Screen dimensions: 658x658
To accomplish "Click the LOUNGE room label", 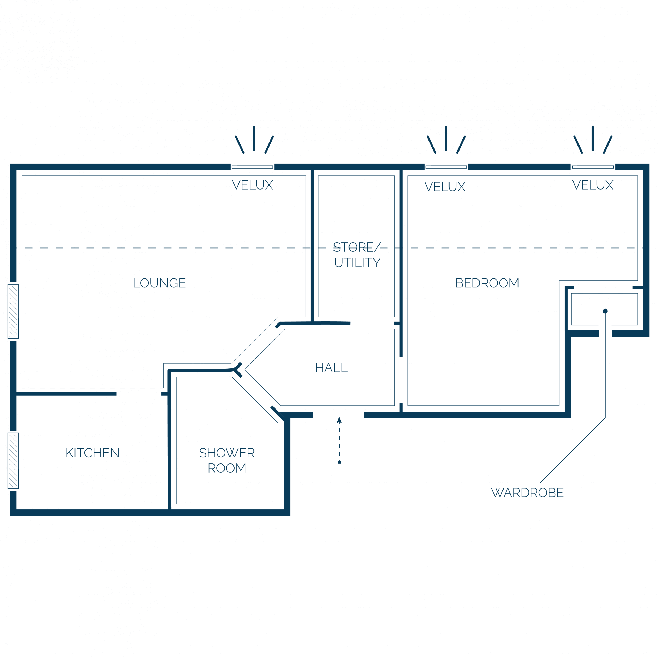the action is [x=159, y=283].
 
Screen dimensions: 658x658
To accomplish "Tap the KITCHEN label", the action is [x=93, y=453].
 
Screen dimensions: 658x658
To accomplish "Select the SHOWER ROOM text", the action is [x=227, y=460].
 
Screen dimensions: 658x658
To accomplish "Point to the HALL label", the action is [x=331, y=368].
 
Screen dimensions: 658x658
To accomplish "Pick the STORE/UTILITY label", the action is [x=357, y=255].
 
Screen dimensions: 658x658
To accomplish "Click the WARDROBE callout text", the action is [x=527, y=493].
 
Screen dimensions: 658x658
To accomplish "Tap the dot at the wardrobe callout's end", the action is [x=605, y=311].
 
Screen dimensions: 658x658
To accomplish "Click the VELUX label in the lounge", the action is [x=252, y=185].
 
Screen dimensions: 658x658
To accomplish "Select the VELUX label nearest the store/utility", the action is [x=445, y=187].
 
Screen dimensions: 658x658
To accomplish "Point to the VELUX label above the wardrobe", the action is [x=593, y=185].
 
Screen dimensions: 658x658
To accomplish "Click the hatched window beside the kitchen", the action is [x=13, y=461].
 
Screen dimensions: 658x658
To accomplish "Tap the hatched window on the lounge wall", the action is [x=13, y=311].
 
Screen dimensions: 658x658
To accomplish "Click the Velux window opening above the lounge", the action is [x=252, y=167].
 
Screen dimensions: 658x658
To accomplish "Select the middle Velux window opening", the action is [x=446, y=167].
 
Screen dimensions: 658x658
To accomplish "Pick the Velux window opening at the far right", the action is [x=593, y=167].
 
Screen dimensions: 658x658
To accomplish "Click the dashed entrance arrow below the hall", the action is [x=339, y=440].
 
